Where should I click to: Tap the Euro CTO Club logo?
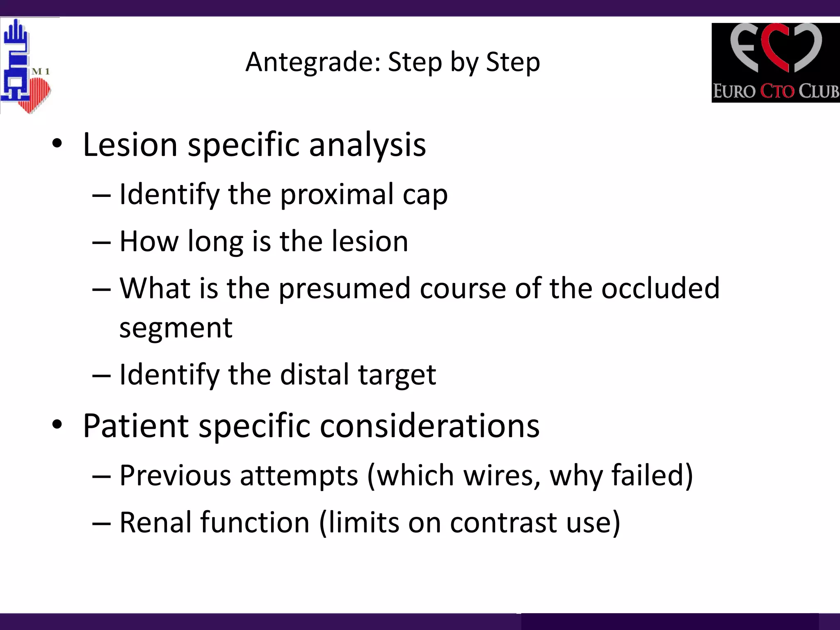click(775, 62)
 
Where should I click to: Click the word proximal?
click(336, 194)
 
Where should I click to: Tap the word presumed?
click(344, 289)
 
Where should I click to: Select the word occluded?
click(660, 288)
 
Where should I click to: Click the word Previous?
click(175, 475)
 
